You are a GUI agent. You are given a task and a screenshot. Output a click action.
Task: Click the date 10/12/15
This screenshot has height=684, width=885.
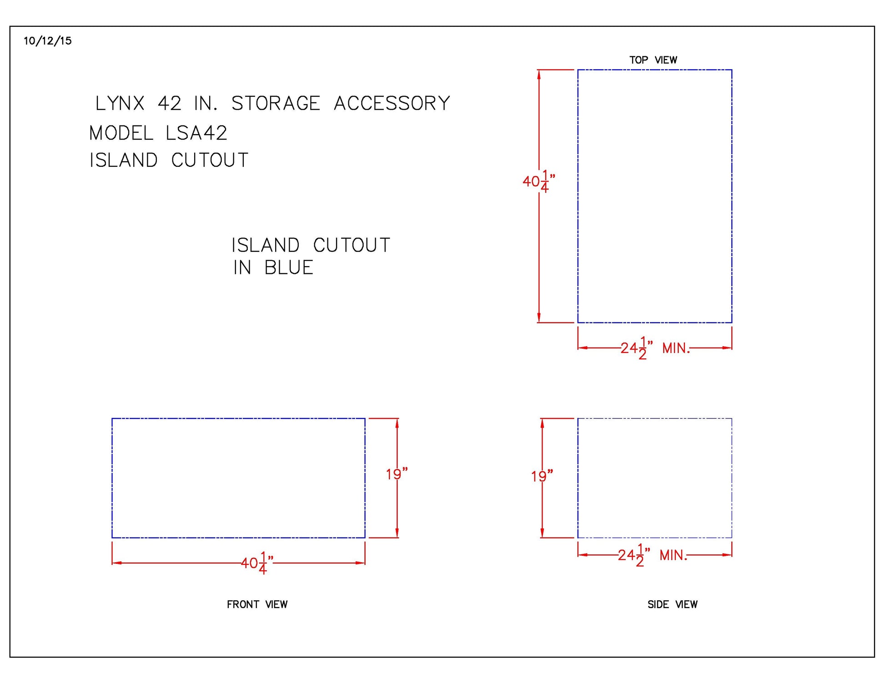pos(47,41)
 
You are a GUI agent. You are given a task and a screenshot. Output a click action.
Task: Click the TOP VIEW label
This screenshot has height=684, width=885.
pos(653,60)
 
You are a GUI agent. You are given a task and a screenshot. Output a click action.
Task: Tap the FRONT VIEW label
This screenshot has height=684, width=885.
pos(257,604)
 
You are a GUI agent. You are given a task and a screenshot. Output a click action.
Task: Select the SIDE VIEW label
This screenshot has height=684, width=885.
pos(672,604)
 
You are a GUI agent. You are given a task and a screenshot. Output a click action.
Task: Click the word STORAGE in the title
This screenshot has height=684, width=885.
pos(276,103)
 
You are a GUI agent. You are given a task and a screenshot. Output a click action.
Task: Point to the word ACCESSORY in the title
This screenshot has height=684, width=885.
pos(392,103)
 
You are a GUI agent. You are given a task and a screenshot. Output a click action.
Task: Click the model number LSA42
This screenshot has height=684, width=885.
pos(196,133)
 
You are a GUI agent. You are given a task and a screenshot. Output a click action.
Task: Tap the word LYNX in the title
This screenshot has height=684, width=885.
pos(120,103)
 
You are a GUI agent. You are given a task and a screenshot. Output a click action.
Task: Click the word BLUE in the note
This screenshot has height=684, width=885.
pos(289,267)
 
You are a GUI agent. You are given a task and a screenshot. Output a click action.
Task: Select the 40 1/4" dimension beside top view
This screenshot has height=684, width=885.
pos(538,181)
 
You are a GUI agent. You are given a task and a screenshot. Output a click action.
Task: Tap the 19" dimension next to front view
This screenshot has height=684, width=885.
pos(397,474)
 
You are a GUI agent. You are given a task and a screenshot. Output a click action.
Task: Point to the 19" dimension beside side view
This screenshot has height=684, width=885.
pos(542,476)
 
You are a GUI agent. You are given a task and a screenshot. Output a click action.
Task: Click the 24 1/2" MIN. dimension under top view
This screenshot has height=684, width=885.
pos(654,348)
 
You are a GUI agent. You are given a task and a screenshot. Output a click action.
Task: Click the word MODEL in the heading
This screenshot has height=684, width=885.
pos(121,133)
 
